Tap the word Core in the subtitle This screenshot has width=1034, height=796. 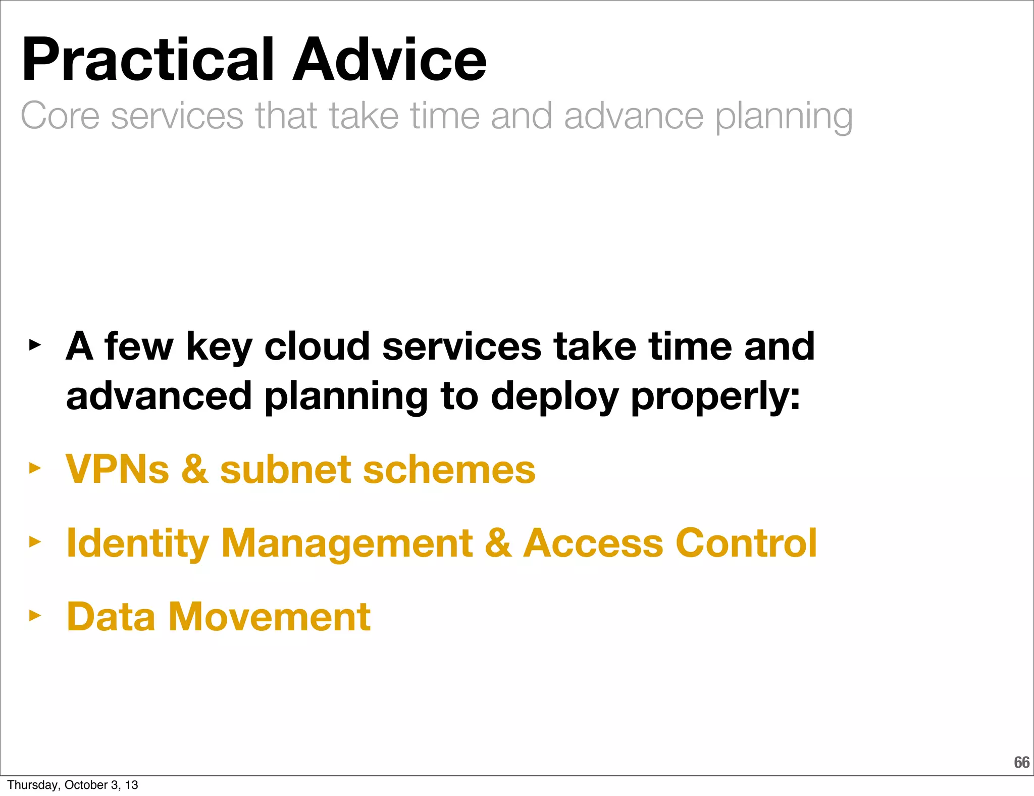(60, 116)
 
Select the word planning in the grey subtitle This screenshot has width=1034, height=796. (784, 117)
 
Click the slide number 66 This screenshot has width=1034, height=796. (1021, 762)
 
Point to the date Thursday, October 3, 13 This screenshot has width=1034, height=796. (73, 785)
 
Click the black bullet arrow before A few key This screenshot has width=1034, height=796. (34, 345)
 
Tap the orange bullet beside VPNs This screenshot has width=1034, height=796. (34, 468)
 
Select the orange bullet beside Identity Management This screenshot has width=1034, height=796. (34, 542)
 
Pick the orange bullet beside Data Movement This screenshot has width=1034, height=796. (34, 615)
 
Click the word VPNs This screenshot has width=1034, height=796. (117, 470)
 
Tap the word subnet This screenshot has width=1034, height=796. (285, 470)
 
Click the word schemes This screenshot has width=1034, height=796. (449, 470)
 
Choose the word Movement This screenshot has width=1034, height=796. (270, 617)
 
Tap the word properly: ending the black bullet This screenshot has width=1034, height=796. (715, 397)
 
